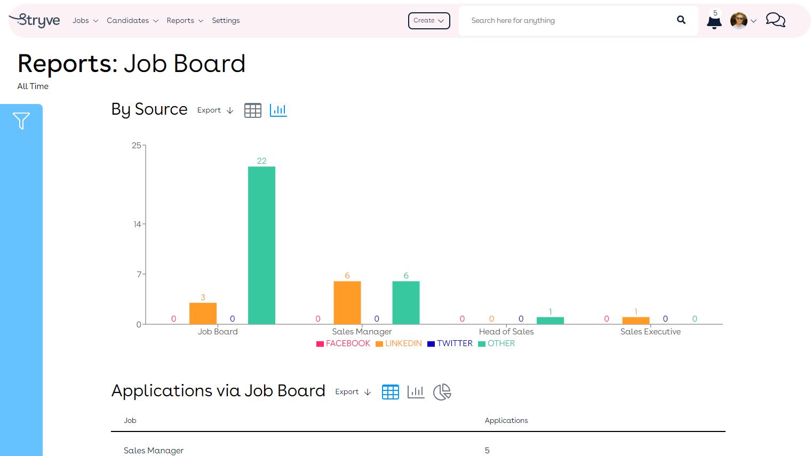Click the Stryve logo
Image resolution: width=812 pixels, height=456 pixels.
tap(35, 20)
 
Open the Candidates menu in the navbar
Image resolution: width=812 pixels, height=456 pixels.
tap(132, 20)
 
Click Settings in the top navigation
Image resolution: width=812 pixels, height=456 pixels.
tap(226, 20)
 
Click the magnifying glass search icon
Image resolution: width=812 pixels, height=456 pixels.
tap(681, 20)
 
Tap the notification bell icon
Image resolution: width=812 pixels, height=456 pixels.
tap(714, 22)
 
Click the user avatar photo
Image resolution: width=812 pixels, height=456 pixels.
tap(738, 21)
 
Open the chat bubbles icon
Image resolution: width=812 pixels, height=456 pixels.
tap(775, 20)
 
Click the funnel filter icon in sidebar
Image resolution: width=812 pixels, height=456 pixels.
tap(21, 121)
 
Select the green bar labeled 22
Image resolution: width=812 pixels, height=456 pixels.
tap(261, 245)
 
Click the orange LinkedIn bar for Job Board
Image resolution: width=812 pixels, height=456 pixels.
tap(203, 313)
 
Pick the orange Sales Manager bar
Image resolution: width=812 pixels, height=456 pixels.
tap(347, 302)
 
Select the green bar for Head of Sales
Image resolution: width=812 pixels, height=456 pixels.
tap(550, 321)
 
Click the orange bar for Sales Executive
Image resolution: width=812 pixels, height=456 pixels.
tap(635, 321)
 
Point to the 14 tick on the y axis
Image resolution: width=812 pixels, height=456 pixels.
tap(137, 224)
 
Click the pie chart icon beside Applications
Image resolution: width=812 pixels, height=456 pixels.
tap(442, 392)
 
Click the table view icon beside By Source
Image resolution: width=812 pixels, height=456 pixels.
tap(252, 110)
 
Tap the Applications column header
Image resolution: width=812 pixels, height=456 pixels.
tap(506, 420)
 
